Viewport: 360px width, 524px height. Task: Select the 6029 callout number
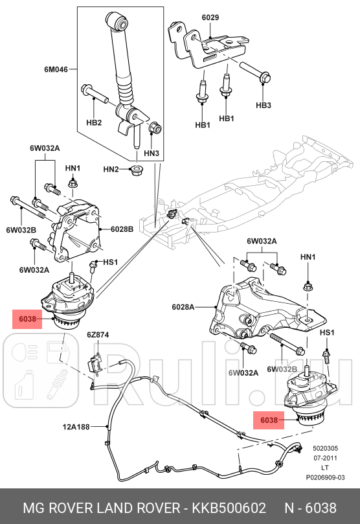click(x=210, y=17)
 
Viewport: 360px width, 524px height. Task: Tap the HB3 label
click(x=264, y=105)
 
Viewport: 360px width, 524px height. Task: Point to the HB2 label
click(x=94, y=122)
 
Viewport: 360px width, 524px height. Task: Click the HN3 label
click(x=151, y=154)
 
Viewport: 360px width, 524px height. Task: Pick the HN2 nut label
click(x=111, y=169)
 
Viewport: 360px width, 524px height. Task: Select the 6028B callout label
click(x=122, y=229)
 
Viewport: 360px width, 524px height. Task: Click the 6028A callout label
click(x=184, y=306)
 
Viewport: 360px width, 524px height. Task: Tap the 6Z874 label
click(x=98, y=335)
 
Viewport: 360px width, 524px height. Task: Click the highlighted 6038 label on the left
click(x=27, y=318)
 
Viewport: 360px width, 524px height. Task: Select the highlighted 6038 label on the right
click(x=269, y=420)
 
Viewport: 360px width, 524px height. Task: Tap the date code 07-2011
click(x=326, y=457)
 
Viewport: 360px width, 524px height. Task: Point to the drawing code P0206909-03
click(x=326, y=476)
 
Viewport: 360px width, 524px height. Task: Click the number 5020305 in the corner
click(x=326, y=448)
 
